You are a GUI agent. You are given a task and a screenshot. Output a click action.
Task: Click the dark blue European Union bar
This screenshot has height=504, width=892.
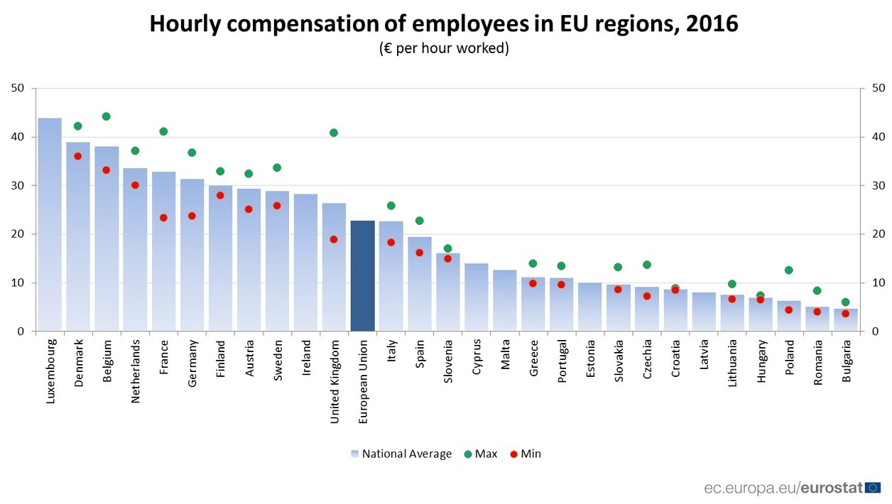(362, 276)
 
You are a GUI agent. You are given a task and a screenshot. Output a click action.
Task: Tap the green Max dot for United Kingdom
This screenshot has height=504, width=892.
(334, 133)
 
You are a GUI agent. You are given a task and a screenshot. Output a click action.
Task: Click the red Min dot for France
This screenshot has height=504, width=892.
(163, 218)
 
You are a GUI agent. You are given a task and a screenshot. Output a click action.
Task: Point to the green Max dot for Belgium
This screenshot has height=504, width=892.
(107, 116)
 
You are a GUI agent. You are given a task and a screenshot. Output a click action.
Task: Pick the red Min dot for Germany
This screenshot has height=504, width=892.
(192, 216)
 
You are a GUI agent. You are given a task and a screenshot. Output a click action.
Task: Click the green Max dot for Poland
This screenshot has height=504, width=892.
(788, 270)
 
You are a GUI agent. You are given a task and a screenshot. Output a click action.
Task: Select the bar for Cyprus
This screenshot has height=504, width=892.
(476, 297)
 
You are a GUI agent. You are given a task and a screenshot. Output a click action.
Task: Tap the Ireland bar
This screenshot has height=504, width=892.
(305, 263)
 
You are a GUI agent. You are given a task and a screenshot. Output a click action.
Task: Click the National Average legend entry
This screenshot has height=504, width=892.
(401, 454)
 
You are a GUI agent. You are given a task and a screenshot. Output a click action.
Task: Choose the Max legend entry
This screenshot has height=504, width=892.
(480, 454)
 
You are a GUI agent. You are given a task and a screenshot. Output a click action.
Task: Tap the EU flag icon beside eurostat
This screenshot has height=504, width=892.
(873, 488)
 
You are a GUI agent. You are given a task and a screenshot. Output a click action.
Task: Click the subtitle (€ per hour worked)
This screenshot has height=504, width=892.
(444, 49)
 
